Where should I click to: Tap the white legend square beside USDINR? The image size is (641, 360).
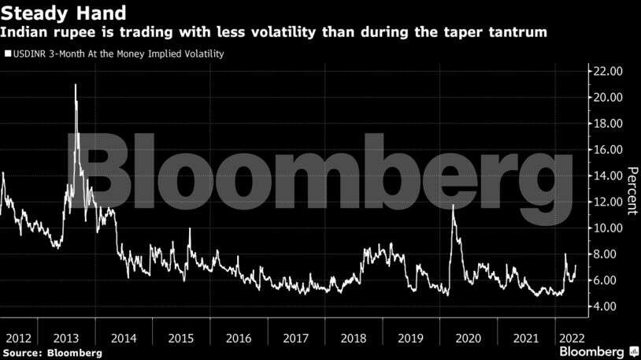(7, 54)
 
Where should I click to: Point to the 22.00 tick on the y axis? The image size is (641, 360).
(607, 71)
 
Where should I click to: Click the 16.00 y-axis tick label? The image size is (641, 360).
(607, 150)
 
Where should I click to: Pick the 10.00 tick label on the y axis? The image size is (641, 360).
(607, 228)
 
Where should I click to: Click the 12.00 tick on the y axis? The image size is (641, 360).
(607, 202)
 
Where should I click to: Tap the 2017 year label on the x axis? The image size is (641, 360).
(295, 338)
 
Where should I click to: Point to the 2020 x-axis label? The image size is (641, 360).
(468, 338)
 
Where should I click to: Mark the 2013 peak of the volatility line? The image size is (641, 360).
(76, 84)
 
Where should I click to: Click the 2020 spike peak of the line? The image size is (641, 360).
(453, 206)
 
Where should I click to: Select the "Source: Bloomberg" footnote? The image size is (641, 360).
(52, 353)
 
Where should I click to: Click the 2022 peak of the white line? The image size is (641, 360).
(565, 254)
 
